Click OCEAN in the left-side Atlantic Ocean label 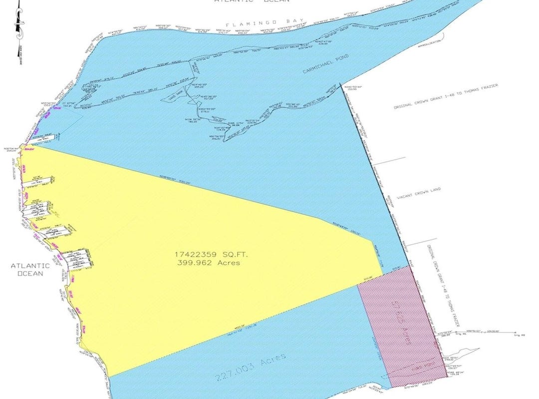tap(30, 273)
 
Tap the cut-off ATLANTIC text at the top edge tap(230, 1)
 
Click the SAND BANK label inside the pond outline tap(173, 98)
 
